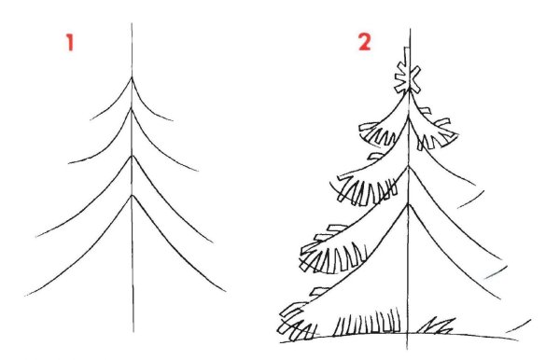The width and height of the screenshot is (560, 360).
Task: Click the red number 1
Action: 70,42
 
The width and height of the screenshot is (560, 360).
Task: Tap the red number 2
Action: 364,42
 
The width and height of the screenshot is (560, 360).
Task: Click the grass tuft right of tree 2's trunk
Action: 436,325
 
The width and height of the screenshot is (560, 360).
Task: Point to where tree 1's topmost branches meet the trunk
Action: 132,77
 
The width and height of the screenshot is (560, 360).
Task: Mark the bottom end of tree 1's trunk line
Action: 133,332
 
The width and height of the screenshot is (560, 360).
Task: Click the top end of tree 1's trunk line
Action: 132,23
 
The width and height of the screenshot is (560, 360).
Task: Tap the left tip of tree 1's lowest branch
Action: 25,296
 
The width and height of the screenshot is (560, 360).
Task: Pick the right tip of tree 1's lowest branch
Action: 226,292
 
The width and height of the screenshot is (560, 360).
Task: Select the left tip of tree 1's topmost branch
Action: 91,119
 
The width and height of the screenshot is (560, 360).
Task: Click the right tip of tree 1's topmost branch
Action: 174,121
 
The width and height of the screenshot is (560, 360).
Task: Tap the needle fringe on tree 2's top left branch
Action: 378,134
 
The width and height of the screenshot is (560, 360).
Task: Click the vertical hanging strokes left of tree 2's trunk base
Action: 368,322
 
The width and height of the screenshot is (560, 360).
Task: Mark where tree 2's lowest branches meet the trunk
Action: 408,204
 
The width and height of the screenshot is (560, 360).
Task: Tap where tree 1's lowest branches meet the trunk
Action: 133,195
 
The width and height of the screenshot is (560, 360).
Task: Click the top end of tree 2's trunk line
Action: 410,29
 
